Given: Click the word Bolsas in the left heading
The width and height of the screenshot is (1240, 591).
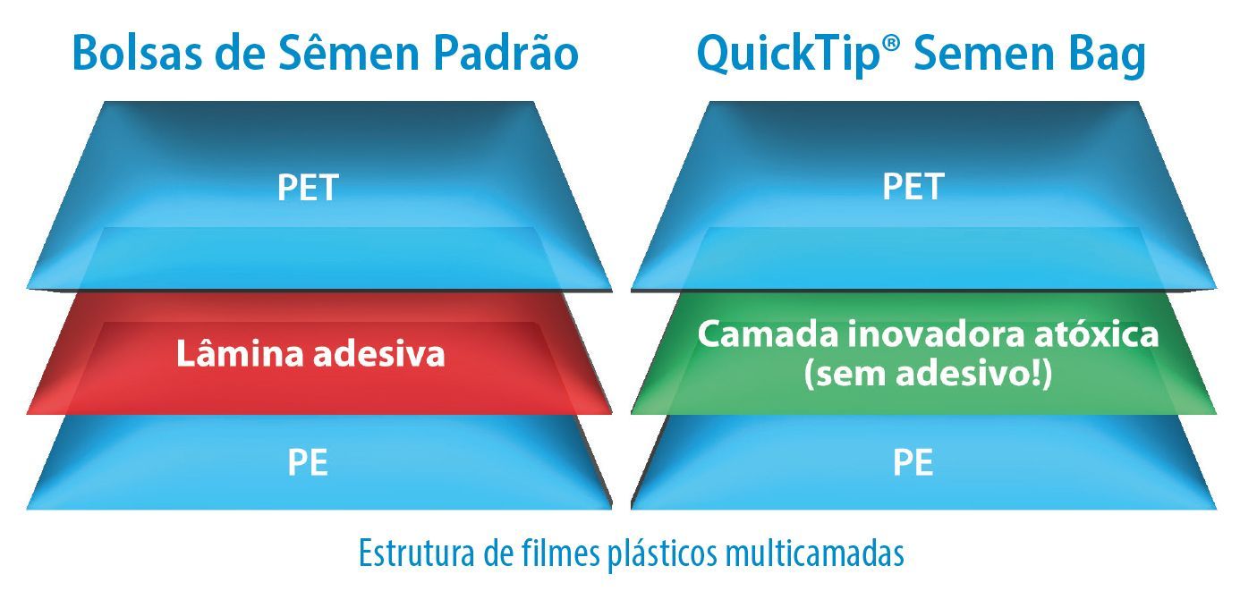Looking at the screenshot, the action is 137,53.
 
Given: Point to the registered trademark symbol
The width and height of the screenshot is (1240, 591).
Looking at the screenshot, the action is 891,45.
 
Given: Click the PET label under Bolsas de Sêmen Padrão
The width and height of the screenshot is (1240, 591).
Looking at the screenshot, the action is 308,188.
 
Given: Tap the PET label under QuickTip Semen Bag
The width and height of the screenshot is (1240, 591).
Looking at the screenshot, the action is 913,187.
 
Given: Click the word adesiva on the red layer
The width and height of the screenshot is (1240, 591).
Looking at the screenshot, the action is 379,353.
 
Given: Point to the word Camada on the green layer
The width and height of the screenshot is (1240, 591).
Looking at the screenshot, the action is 768,334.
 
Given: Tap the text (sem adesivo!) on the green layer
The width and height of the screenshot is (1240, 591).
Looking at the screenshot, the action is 928,374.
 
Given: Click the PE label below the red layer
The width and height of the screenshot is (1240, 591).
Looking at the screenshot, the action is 308,462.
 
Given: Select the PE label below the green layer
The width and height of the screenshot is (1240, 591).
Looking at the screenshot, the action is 913,462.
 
